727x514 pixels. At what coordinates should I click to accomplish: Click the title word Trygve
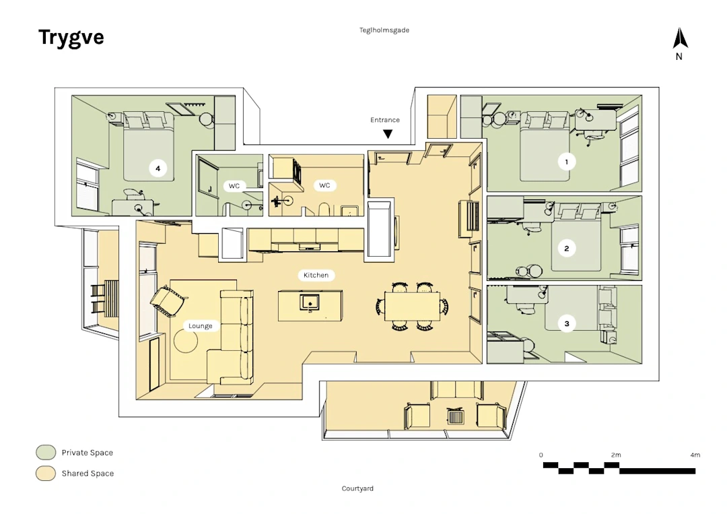71,37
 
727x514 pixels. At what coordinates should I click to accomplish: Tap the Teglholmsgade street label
384,30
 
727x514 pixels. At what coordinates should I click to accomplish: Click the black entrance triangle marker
388,134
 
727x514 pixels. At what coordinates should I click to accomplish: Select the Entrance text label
385,120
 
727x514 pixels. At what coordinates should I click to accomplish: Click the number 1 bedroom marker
567,162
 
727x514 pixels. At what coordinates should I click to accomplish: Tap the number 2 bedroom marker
567,249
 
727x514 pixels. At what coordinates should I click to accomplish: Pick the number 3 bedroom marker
567,324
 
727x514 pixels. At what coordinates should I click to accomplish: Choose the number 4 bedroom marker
158,168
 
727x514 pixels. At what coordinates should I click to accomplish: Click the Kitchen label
316,275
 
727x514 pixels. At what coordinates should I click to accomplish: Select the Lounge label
201,326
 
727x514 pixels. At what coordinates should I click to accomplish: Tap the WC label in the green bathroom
234,185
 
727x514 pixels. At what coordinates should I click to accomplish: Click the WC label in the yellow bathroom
324,185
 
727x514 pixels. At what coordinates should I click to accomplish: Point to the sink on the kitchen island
310,301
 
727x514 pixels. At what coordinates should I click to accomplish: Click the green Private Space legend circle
45,453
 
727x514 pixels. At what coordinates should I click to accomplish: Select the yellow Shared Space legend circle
45,474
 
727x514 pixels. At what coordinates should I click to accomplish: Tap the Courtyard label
357,488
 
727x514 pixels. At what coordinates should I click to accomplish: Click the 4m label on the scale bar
695,455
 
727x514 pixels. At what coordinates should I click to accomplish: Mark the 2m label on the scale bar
615,455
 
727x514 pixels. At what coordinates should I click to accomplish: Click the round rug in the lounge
185,343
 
